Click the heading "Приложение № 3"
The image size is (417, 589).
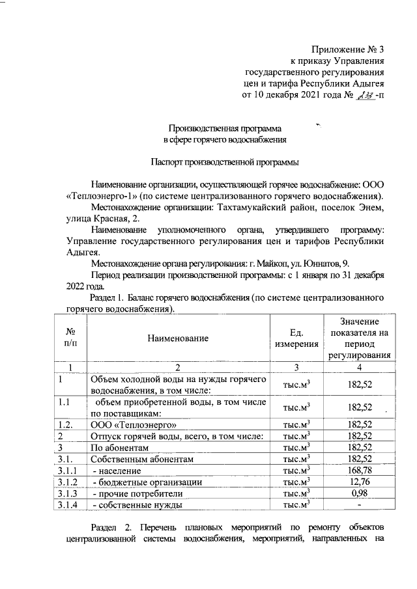tap(349, 49)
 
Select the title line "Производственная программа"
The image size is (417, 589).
tap(225, 128)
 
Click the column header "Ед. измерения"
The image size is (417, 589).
tap(296, 338)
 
